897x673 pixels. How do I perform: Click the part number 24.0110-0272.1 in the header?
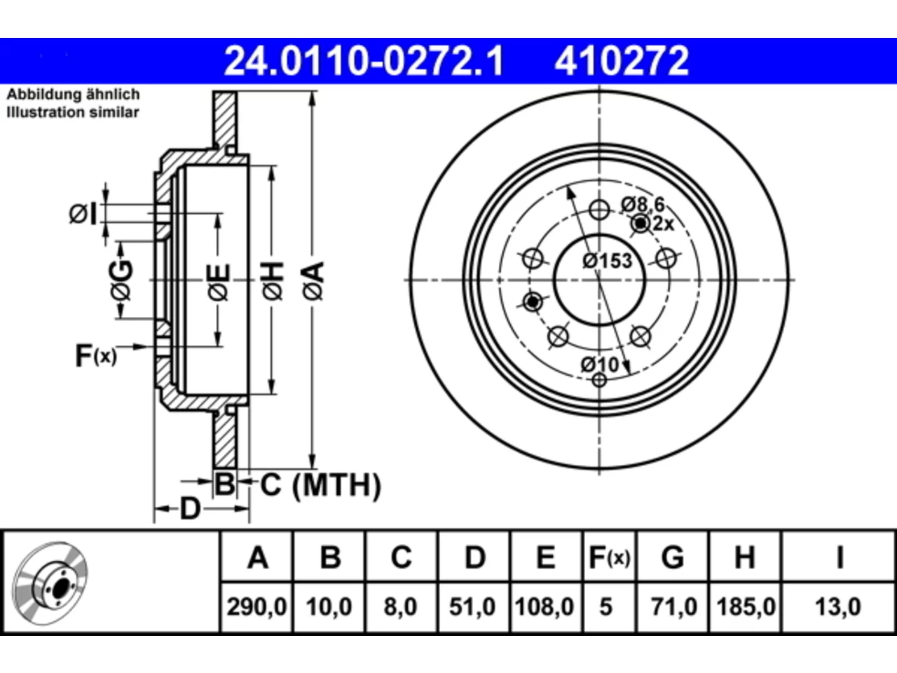click(x=364, y=61)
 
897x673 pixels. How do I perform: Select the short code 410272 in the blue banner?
click(x=622, y=61)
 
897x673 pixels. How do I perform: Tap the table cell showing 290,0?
click(x=256, y=606)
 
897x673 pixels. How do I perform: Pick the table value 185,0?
click(x=746, y=606)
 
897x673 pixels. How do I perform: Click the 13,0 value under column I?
click(x=838, y=606)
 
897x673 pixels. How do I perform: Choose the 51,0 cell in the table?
click(x=472, y=606)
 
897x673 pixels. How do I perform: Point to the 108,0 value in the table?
click(x=545, y=606)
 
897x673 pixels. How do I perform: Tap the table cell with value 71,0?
click(x=674, y=606)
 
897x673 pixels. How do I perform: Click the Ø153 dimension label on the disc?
click(x=608, y=261)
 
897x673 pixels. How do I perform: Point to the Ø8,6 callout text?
click(x=643, y=204)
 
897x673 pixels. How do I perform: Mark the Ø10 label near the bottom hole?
click(x=600, y=365)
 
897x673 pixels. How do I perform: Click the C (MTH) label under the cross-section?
click(x=321, y=485)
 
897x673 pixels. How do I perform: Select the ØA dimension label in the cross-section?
click(x=313, y=281)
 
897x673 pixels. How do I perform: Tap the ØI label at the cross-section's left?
click(x=83, y=215)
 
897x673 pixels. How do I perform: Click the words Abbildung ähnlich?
click(x=74, y=95)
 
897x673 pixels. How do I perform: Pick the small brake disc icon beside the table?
click(x=50, y=583)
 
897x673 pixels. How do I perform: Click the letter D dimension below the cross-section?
click(x=191, y=510)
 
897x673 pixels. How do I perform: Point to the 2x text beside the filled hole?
click(x=663, y=224)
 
